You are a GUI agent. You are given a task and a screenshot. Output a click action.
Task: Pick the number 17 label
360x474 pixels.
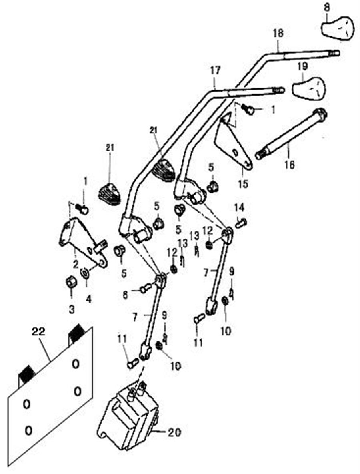coord(215,71)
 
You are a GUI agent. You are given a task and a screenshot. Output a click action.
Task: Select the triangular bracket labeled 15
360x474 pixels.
coord(232,142)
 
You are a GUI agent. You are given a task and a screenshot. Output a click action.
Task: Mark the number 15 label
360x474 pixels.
coord(243,184)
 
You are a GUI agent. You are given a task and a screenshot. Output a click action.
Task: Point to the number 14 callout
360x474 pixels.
coord(239,207)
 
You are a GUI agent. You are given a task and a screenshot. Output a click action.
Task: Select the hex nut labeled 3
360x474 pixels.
coord(71,283)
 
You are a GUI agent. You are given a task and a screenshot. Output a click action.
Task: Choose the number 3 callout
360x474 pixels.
coord(71,309)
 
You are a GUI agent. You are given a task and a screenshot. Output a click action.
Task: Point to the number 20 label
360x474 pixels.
coord(175,433)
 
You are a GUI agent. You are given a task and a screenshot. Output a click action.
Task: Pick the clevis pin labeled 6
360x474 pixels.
coord(146,287)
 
